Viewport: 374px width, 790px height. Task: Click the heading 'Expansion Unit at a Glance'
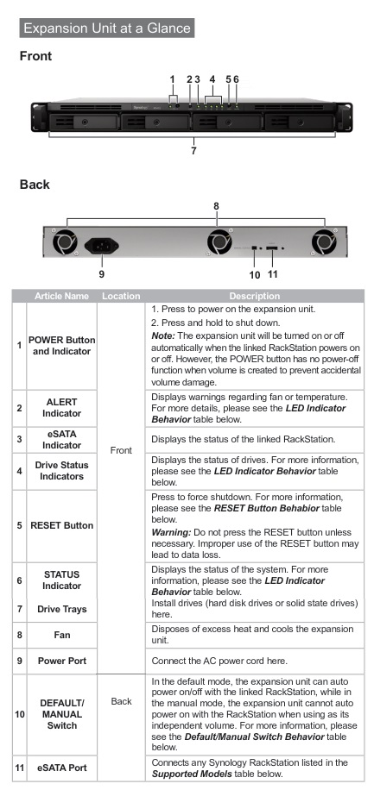(107, 28)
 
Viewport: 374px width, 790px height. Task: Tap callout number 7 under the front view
(193, 150)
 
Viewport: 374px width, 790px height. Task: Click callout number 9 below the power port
(102, 274)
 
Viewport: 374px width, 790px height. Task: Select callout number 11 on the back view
(273, 274)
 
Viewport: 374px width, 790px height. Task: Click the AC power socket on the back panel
(101, 246)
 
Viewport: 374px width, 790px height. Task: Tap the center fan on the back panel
(219, 241)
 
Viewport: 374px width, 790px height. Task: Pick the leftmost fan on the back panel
(66, 241)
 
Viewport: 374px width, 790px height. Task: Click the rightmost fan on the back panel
(324, 241)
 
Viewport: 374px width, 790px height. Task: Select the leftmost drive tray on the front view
(85, 122)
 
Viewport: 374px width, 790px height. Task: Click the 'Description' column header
(255, 297)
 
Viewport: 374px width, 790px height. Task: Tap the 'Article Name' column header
(61, 297)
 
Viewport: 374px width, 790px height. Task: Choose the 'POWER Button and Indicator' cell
(61, 346)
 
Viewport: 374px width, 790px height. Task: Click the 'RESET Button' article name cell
(61, 525)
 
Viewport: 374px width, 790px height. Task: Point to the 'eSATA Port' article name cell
(61, 768)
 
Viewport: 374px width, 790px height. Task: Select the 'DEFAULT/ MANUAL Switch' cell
(61, 714)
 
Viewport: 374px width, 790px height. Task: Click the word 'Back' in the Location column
(121, 701)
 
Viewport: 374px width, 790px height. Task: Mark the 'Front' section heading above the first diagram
(35, 56)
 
